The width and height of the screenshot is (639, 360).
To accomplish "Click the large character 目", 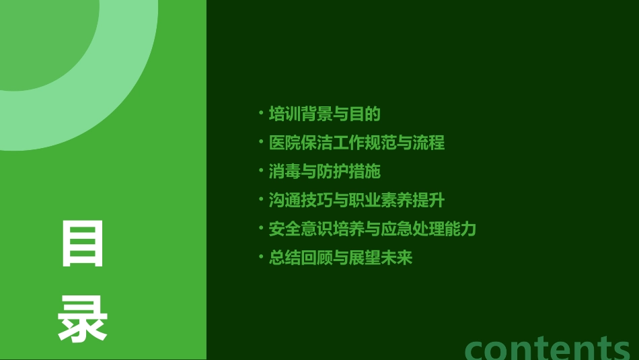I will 83,244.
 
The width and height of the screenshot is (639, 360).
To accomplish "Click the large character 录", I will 83,321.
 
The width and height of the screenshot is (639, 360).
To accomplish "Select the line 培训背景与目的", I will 324,114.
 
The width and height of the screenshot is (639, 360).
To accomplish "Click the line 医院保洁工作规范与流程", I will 356,143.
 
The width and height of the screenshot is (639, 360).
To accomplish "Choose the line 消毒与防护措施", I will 324,172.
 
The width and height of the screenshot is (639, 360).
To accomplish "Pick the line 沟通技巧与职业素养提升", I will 356,201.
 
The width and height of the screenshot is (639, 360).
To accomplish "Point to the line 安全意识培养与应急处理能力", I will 372,229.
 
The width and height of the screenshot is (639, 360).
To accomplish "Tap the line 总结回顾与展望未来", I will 340,258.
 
